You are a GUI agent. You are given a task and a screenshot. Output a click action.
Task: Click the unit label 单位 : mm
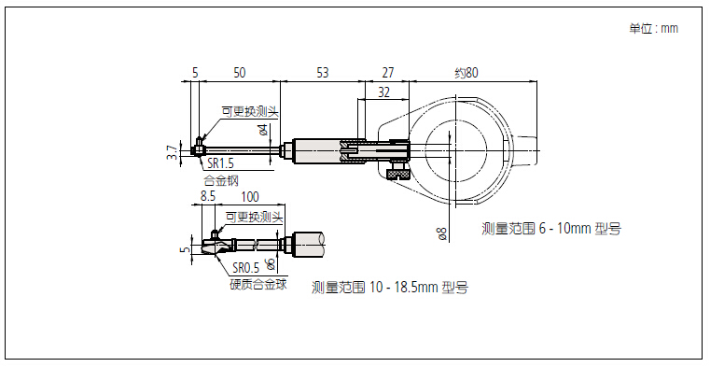(653, 29)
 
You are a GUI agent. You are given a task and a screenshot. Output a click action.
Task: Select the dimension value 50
(240, 73)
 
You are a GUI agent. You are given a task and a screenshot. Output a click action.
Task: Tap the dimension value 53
(323, 73)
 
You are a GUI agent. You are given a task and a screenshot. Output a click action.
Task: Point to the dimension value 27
(388, 73)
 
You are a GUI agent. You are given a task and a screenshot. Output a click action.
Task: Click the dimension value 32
(384, 92)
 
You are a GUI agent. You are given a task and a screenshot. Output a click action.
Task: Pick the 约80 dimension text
(466, 73)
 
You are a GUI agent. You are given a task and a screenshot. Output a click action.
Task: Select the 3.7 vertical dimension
(172, 152)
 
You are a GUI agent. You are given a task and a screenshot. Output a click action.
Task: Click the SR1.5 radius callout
(220, 162)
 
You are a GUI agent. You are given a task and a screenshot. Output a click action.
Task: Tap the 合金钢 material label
(221, 180)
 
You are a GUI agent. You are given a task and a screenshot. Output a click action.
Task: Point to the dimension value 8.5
(208, 196)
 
